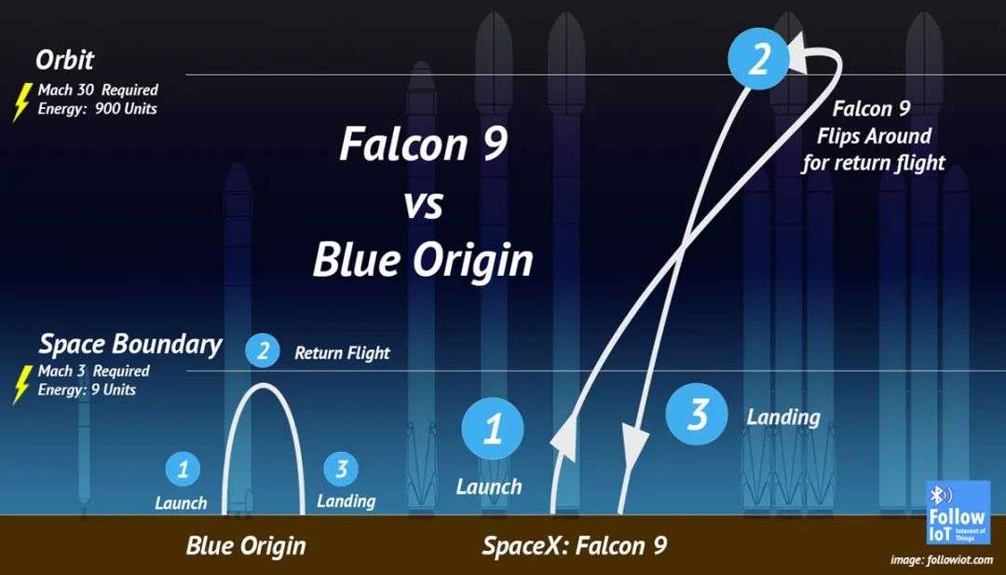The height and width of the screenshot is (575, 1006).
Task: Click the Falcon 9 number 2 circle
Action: click(x=758, y=61)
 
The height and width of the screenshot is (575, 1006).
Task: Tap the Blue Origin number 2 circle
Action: click(x=263, y=351)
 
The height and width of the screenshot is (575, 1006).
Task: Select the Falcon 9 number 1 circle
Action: click(x=493, y=429)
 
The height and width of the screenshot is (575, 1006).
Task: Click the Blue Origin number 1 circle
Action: click(x=183, y=469)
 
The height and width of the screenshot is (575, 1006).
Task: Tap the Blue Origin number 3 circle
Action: click(x=341, y=469)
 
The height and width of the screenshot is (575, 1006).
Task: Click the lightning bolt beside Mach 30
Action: click(x=21, y=102)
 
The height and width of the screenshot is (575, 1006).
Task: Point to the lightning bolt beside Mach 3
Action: click(x=21, y=384)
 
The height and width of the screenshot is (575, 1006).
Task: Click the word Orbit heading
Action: click(x=65, y=61)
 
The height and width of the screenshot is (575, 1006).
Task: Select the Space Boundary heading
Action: click(x=130, y=345)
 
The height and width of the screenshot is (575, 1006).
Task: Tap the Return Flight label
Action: click(x=342, y=352)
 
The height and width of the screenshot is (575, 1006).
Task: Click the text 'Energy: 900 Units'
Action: click(x=98, y=108)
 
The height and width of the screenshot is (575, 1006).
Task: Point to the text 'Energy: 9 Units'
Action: click(x=88, y=390)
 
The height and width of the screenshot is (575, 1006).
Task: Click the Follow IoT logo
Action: click(x=958, y=513)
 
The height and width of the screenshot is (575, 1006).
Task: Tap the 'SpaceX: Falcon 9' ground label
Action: click(x=575, y=546)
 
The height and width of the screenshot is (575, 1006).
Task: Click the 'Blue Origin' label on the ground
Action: click(x=246, y=546)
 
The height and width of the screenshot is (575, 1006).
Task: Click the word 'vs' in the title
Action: click(x=424, y=207)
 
